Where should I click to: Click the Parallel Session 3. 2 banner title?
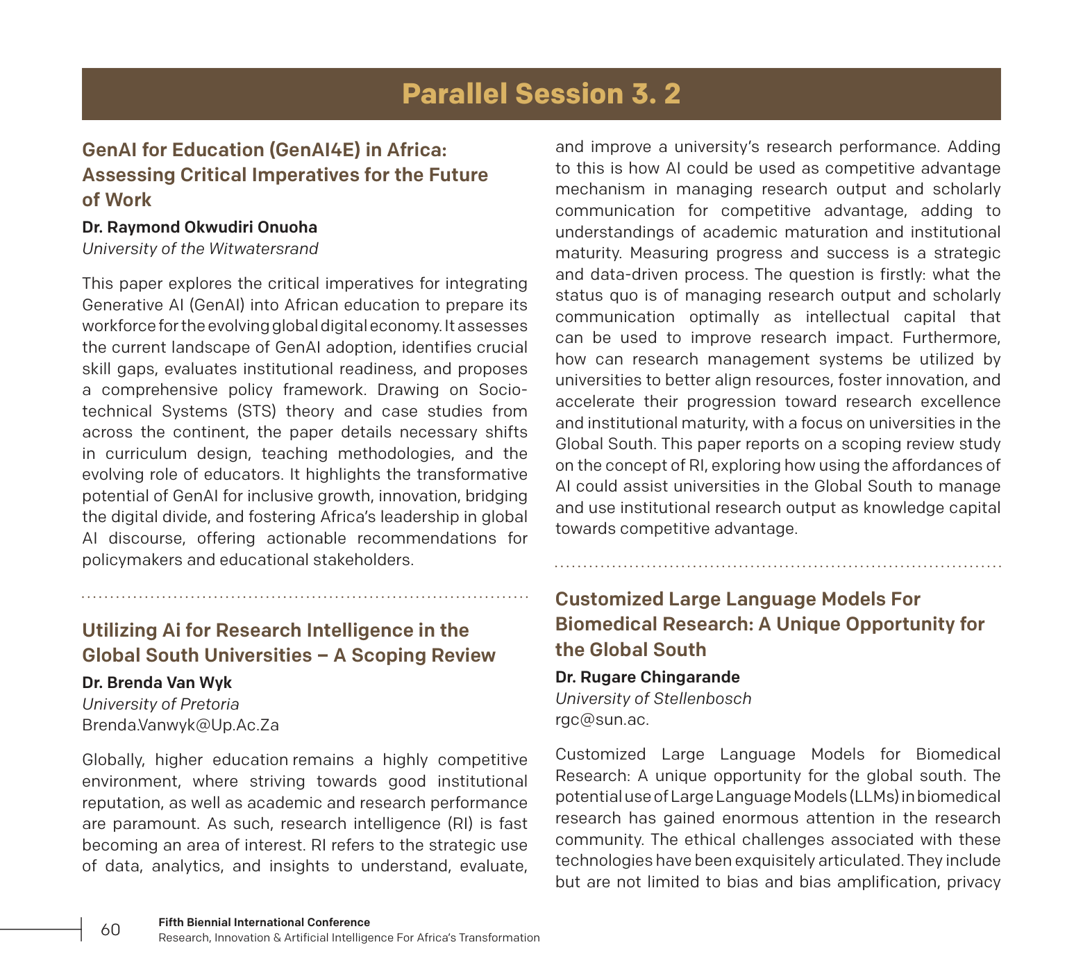click(541, 94)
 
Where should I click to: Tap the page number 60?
click(110, 930)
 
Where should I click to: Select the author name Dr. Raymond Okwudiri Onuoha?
click(199, 227)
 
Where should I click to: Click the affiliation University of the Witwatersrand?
click(200, 249)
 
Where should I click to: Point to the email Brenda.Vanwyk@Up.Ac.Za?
click(180, 726)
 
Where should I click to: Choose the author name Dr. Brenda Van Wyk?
click(157, 682)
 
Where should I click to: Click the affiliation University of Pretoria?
click(160, 704)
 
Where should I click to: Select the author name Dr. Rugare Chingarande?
click(647, 677)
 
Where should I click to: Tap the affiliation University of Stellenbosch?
click(653, 698)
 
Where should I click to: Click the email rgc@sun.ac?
click(602, 720)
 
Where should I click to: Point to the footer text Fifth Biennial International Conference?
click(264, 922)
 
